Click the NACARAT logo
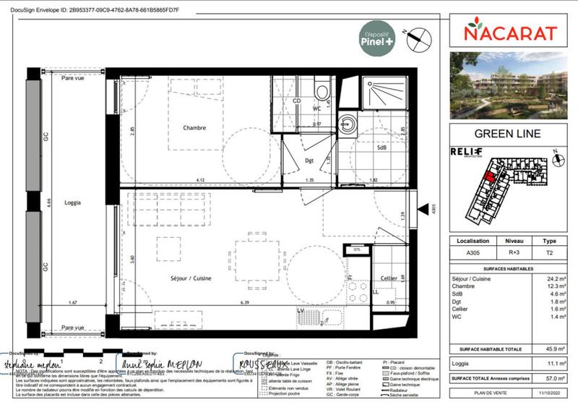pos(510,33)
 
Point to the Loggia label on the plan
pos(72,203)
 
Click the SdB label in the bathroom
pos(381,148)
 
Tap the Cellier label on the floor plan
pos(388,278)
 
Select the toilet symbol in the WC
pos(321,92)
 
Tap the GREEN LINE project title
pos(506,133)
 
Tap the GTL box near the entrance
pos(357,249)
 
